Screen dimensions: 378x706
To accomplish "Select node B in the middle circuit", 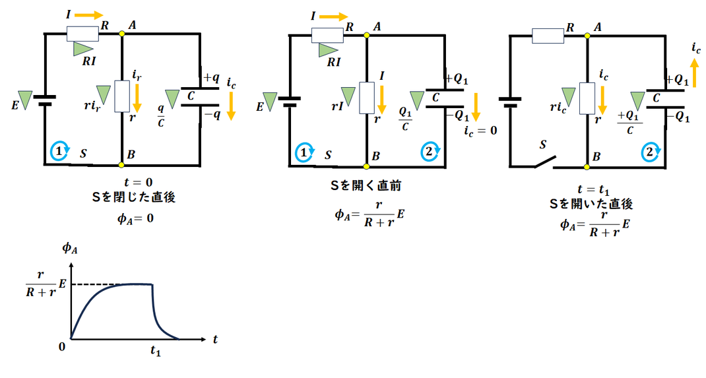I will (x=367, y=166).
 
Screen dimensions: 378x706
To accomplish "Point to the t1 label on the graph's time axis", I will (x=155, y=351).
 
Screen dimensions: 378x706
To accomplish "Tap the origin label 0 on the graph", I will (x=63, y=346).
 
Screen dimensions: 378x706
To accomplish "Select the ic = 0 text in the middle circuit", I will (x=480, y=131).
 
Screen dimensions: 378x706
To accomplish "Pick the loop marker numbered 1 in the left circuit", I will (x=59, y=151).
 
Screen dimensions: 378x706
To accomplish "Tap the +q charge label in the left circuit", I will (x=211, y=77).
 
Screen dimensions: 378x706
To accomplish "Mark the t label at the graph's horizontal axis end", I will (x=216, y=340).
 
